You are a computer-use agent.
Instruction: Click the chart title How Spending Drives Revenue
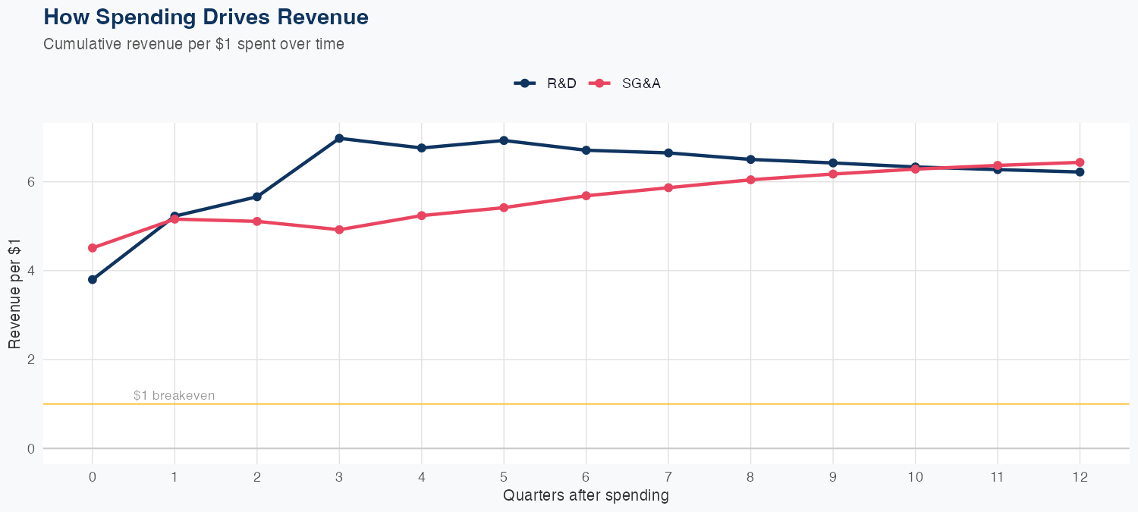206,17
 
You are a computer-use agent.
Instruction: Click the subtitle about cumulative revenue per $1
193,44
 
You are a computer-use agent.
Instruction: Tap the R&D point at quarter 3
339,138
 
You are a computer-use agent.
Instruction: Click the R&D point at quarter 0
93,279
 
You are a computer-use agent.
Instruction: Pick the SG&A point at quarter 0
93,248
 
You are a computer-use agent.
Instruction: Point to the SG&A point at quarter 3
339,230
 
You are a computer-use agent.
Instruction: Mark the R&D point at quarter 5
504,140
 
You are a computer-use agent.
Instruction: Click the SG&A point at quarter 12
1080,162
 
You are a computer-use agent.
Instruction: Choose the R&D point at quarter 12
1080,172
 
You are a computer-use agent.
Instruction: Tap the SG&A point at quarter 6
586,196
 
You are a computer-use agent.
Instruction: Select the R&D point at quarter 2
257,196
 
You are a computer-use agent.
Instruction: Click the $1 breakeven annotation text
174,395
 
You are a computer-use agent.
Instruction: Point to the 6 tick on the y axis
31,182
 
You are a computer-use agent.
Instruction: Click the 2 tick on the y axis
31,360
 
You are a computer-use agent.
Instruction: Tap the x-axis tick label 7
668,477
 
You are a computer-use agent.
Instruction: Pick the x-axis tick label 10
915,477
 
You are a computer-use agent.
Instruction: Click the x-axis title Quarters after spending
586,496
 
